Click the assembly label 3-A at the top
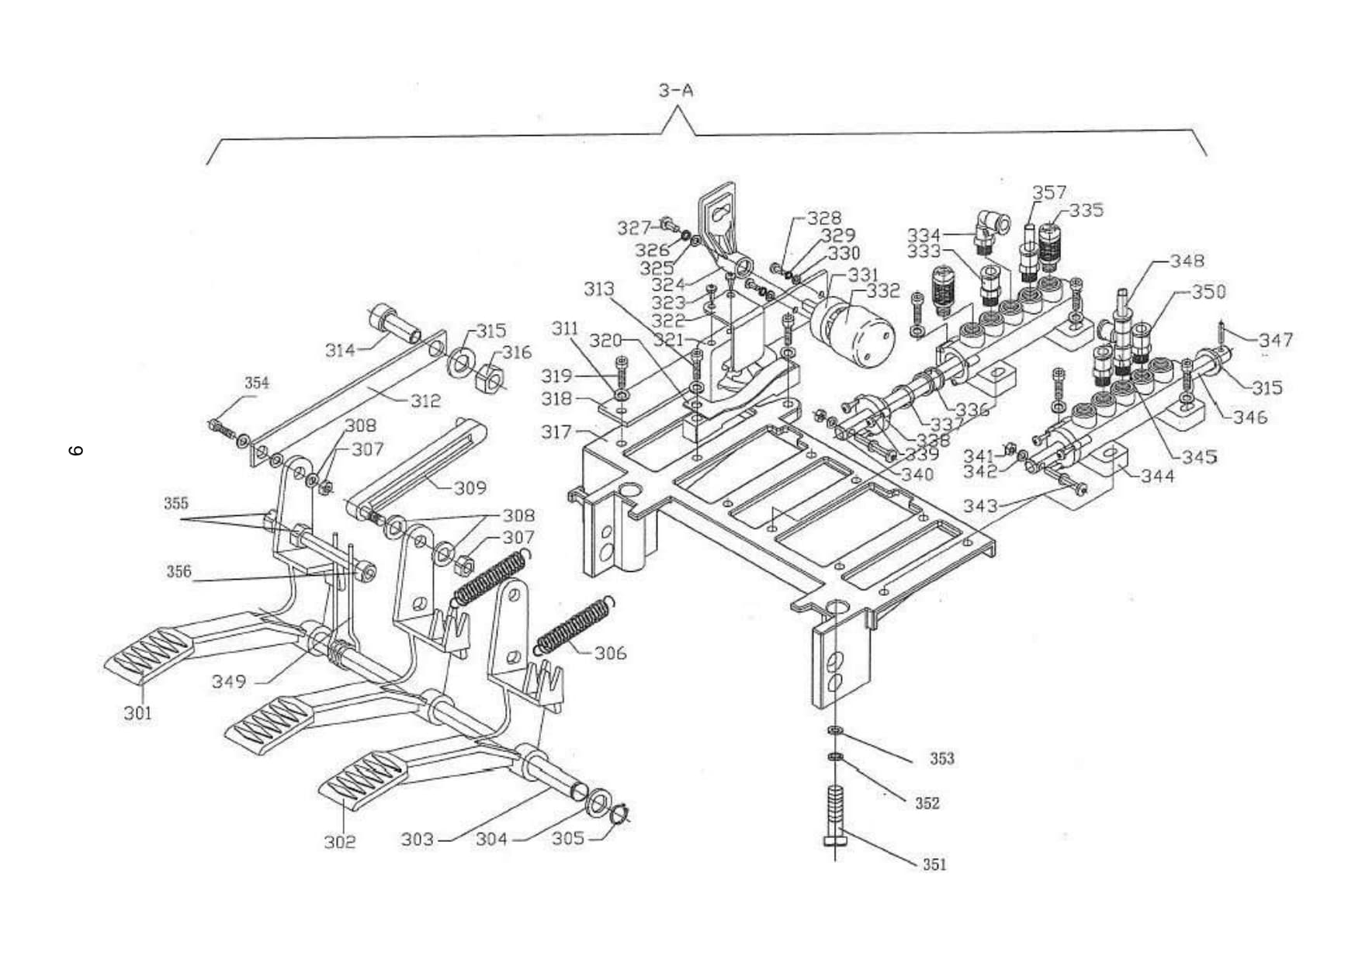(x=676, y=91)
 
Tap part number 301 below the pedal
(x=138, y=713)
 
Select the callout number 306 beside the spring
(x=610, y=653)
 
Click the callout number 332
(x=883, y=291)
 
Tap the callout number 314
(x=340, y=350)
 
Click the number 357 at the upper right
(x=1049, y=192)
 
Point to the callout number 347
(x=1276, y=340)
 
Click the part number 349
(x=228, y=681)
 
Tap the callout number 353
(x=942, y=758)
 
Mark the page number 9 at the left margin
(x=76, y=450)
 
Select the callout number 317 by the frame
(x=556, y=431)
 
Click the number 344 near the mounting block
(x=1158, y=476)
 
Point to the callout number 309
(x=470, y=488)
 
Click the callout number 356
(x=178, y=572)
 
